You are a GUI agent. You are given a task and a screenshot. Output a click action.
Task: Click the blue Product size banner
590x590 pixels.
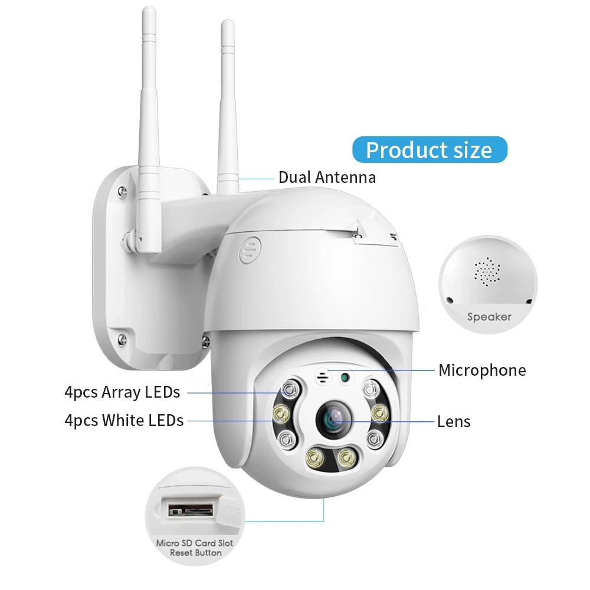point(429,150)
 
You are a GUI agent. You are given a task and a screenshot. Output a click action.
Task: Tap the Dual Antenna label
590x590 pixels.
point(326,177)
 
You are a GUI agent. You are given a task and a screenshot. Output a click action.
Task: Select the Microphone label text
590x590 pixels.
point(481,371)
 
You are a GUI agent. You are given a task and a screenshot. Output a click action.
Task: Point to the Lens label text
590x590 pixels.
point(454,421)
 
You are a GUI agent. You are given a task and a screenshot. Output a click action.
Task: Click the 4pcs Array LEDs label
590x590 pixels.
point(122,392)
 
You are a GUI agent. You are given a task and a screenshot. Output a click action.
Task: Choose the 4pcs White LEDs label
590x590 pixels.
point(124,421)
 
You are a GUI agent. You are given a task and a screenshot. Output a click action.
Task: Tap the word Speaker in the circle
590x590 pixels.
point(489,317)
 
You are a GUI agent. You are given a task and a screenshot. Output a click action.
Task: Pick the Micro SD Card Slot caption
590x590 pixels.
point(195,543)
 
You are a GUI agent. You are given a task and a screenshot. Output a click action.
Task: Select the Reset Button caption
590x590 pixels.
point(195,553)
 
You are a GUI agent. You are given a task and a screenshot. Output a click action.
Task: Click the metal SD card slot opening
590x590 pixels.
point(189,509)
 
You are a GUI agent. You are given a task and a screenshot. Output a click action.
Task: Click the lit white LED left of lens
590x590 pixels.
point(280,415)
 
